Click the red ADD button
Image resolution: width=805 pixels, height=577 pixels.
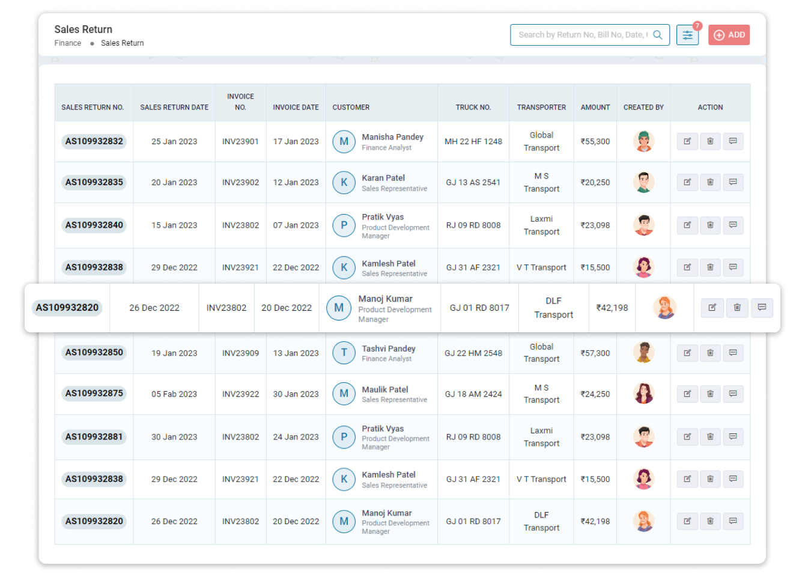[x=729, y=35]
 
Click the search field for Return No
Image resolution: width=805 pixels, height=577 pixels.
[x=583, y=35]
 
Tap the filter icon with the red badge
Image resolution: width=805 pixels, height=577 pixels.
[x=687, y=35]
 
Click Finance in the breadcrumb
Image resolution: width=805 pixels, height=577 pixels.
[x=68, y=43]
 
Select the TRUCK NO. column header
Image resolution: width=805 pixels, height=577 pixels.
[x=473, y=108]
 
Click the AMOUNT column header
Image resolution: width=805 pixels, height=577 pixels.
[x=595, y=108]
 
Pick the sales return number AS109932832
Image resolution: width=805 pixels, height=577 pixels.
[x=94, y=142]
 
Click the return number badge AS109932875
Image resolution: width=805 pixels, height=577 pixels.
[x=94, y=394]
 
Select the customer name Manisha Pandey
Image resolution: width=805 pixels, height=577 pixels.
[x=392, y=137]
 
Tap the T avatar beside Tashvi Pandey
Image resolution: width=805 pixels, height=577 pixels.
[x=344, y=353]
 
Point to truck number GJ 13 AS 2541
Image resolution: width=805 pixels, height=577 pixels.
[x=473, y=183]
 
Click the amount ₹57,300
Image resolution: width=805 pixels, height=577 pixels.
[x=595, y=353]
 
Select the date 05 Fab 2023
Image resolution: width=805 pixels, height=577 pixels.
[x=174, y=394]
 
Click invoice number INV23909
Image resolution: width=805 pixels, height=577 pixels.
[x=240, y=353]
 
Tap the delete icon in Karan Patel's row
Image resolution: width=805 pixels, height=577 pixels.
[x=710, y=182]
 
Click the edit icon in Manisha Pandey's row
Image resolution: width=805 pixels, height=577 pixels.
[x=687, y=141]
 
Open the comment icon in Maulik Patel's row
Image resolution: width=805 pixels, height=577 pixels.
[x=733, y=394]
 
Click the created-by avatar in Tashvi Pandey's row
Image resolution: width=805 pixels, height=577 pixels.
[x=643, y=353]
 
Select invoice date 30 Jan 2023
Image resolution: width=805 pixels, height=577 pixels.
[x=296, y=394]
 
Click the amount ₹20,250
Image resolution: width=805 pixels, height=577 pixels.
[x=595, y=183]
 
